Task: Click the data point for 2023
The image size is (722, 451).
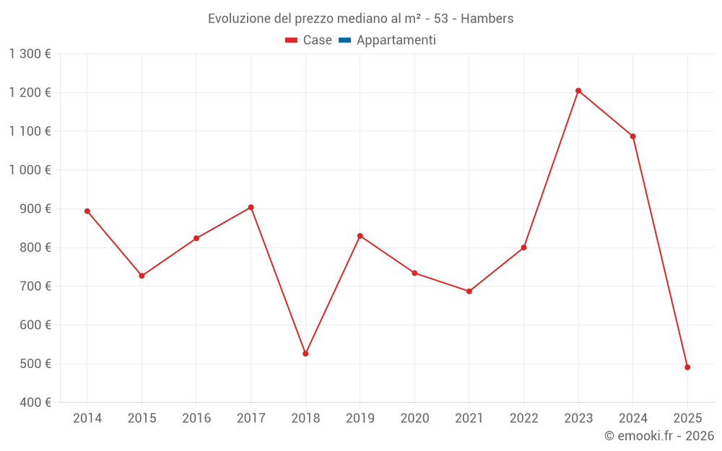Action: (x=578, y=91)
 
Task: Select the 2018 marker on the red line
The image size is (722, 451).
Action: (x=305, y=354)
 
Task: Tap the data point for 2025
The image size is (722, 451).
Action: (x=687, y=367)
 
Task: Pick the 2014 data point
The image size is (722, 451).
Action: (x=87, y=211)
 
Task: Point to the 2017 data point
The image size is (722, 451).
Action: (x=251, y=207)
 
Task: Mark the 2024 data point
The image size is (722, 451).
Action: (x=633, y=136)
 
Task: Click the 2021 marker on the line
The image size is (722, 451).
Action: (x=469, y=292)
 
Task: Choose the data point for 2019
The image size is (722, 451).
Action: (x=360, y=236)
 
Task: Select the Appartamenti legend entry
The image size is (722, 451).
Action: (x=396, y=40)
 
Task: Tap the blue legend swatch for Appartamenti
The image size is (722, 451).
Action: (x=344, y=40)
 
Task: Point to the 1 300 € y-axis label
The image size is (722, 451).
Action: (x=30, y=54)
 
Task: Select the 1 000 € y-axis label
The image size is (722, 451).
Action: (x=30, y=170)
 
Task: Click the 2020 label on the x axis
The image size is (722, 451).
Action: (x=414, y=419)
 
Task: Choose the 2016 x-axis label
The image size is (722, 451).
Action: (x=196, y=419)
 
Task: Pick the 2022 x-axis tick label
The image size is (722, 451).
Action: (x=523, y=419)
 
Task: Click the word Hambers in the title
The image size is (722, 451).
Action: (x=487, y=19)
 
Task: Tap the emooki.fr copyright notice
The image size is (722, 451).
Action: (x=659, y=436)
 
